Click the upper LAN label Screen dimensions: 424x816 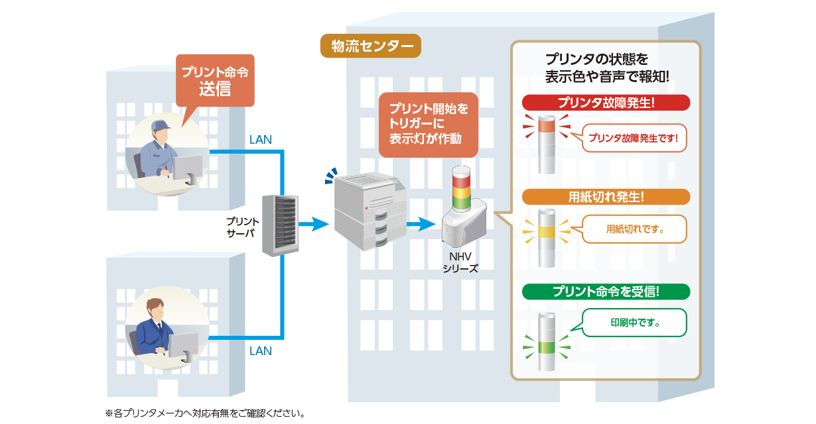tap(260, 140)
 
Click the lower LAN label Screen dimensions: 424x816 tap(260, 351)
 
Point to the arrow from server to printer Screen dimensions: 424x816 tap(314, 225)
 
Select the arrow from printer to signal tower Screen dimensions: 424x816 tap(421, 225)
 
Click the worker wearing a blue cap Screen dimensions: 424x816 tap(165, 154)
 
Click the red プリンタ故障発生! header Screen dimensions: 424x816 tap(606, 103)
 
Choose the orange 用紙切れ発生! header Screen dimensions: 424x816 tap(606, 197)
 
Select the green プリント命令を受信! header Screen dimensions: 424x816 tap(606, 291)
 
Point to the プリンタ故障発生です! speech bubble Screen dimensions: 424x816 tap(636, 138)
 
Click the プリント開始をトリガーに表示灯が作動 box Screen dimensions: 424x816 tap(428, 125)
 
